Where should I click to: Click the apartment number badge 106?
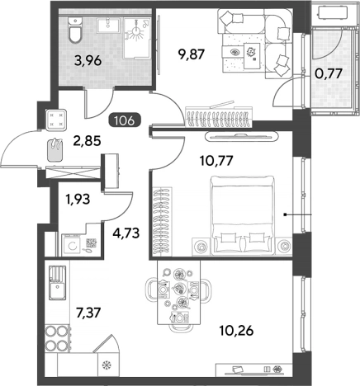(126, 120)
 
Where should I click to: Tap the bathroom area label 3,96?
(88, 60)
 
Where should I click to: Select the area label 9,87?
(192, 54)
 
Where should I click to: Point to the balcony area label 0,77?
(329, 73)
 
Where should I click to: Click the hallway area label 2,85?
(87, 140)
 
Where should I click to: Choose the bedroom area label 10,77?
(217, 160)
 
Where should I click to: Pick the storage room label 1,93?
(78, 199)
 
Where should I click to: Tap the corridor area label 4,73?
(126, 233)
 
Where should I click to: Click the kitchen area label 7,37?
(88, 313)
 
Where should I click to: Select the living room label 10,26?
(236, 330)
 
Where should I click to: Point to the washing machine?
(71, 245)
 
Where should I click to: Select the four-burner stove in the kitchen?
(56, 338)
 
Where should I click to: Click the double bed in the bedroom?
(242, 214)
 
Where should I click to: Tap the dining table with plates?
(178, 292)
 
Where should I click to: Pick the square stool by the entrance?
(56, 120)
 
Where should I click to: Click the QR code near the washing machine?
(92, 243)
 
